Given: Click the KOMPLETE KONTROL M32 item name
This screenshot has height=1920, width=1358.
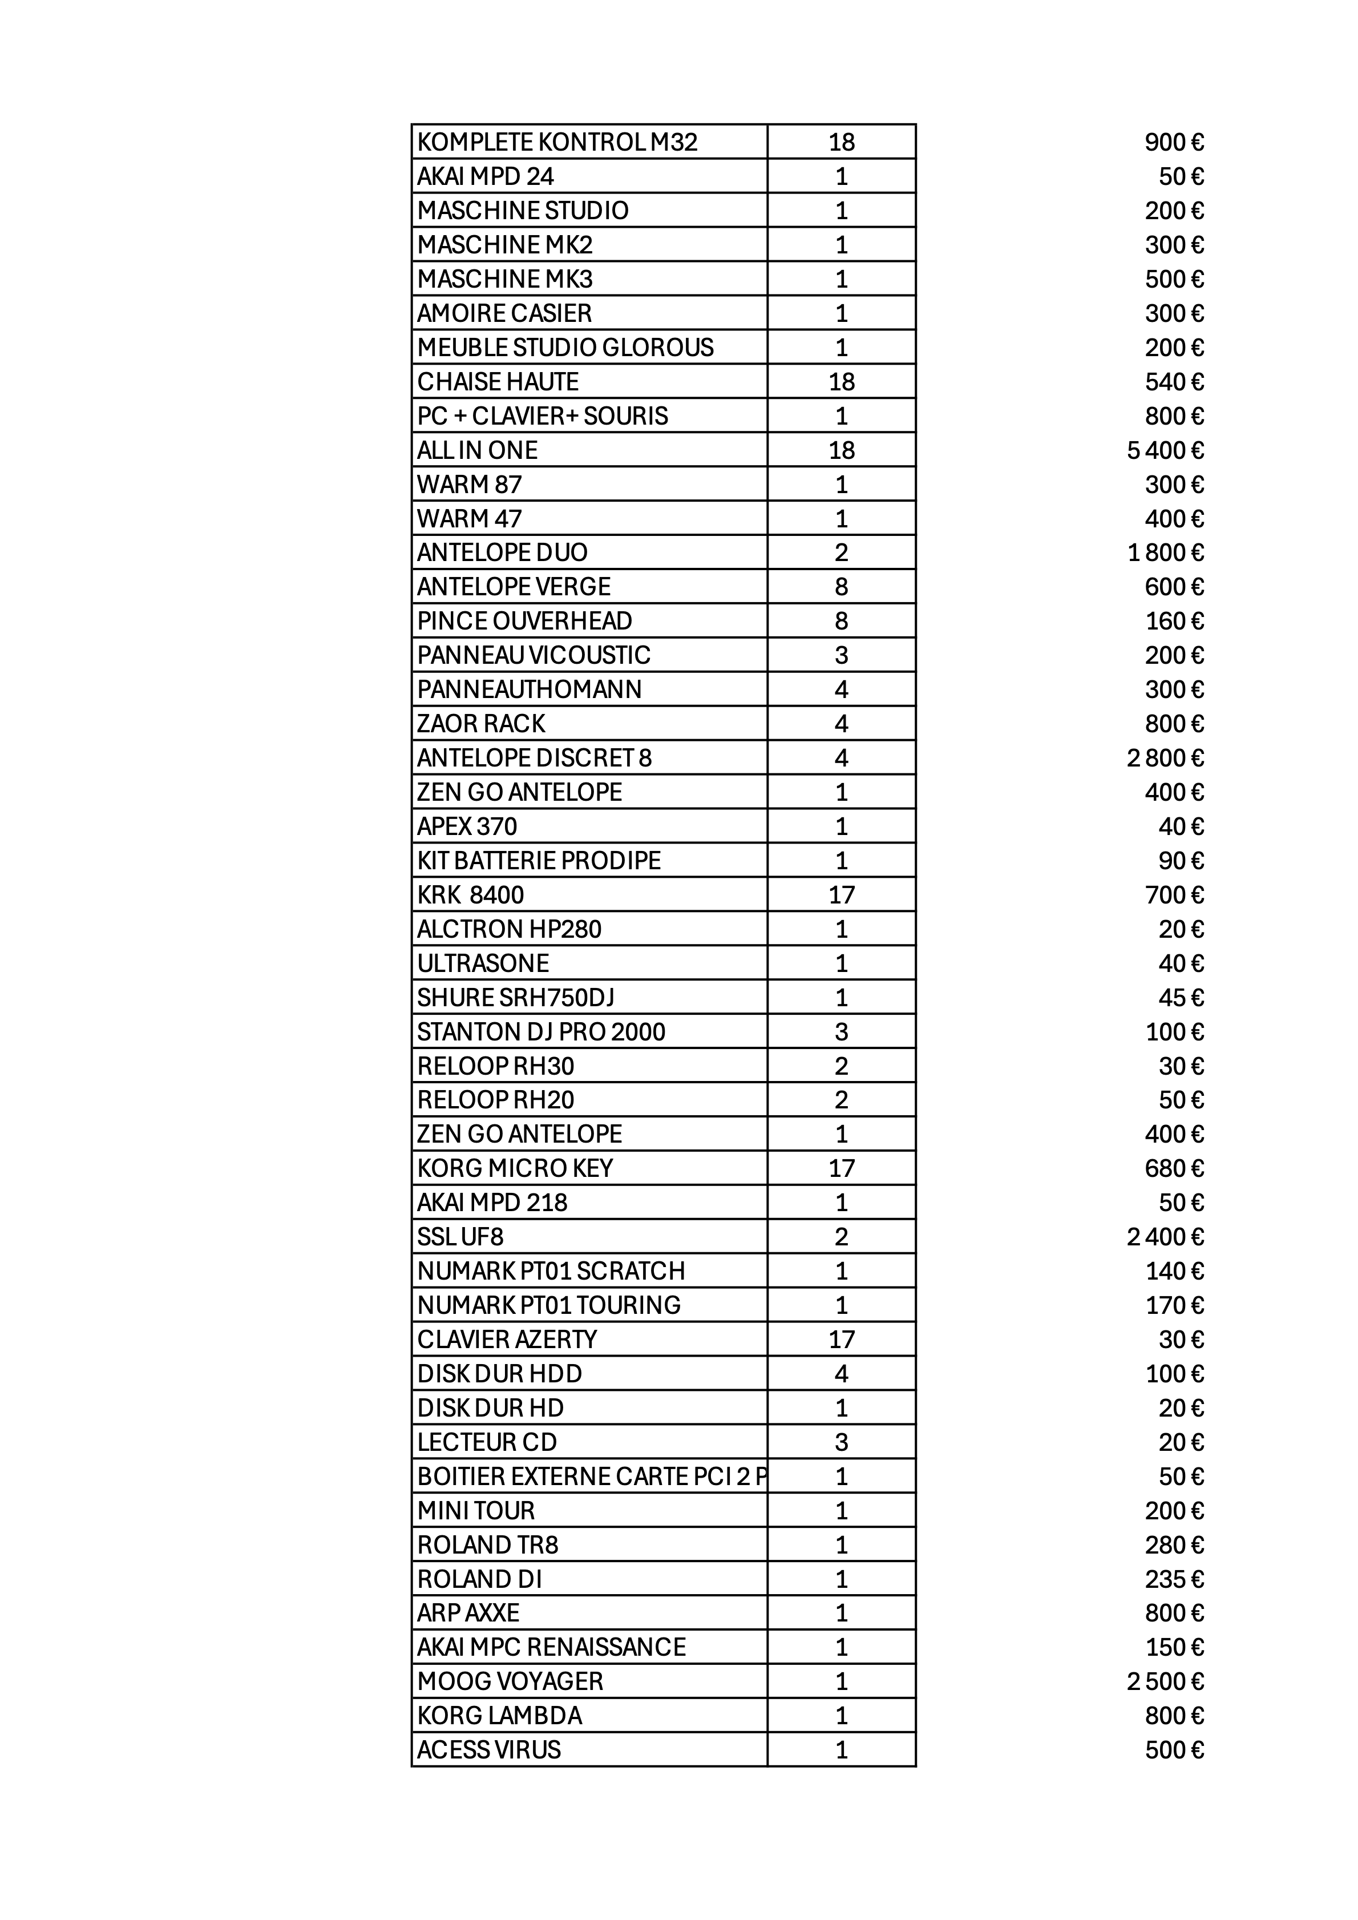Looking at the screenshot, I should coord(557,142).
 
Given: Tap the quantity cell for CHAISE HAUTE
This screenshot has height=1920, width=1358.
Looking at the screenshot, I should coord(841,382).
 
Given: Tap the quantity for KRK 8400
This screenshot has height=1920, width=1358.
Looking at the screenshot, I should coord(841,896).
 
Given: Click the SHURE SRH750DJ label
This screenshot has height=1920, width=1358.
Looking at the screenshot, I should coord(515,998).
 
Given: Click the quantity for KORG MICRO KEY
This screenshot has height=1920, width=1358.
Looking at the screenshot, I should coord(841,1168).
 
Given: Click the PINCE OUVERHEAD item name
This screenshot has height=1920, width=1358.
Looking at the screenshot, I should coord(524,622).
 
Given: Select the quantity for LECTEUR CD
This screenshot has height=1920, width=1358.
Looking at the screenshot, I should coord(841,1442).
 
